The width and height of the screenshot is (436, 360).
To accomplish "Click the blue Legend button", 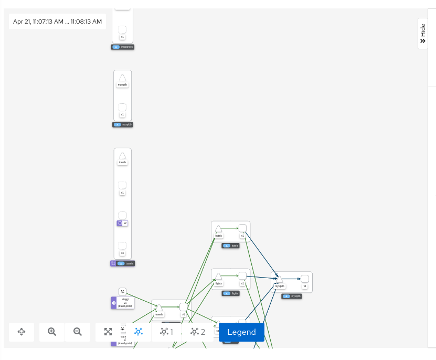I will click(x=241, y=332).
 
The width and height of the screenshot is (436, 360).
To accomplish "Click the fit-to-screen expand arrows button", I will click(x=108, y=332).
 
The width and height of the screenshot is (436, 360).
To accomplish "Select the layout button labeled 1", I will click(x=167, y=332).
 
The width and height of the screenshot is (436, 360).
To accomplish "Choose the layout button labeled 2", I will click(x=198, y=332).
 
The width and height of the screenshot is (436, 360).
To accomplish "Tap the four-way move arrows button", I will click(x=22, y=332).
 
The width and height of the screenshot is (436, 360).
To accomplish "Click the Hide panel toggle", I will click(x=423, y=34).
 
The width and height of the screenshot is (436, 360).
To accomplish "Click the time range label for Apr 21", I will click(x=58, y=22).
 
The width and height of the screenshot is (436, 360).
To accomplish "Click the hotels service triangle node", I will click(x=219, y=229).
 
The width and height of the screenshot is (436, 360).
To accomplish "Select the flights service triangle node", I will click(x=219, y=276).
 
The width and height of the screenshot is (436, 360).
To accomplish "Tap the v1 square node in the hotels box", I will click(x=242, y=228).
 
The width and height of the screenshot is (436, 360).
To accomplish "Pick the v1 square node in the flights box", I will click(x=242, y=276).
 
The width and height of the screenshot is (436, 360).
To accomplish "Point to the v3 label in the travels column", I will click(x=122, y=253).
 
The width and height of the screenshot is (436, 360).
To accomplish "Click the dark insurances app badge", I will click(x=123, y=47).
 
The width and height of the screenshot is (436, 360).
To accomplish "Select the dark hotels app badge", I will click(x=231, y=246).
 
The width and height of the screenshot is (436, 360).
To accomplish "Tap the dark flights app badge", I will click(x=231, y=293).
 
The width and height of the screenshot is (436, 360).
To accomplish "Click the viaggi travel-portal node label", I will click(x=125, y=303).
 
